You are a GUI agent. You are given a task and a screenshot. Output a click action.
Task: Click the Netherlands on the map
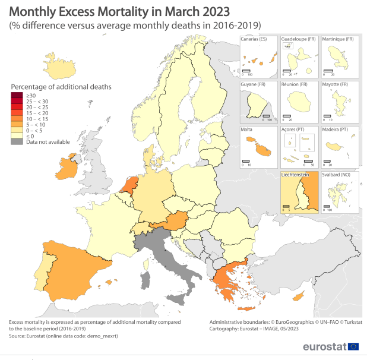pyautogui.click(x=129, y=182)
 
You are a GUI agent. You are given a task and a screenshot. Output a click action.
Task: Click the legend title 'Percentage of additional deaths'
pyautogui.click(x=61, y=86)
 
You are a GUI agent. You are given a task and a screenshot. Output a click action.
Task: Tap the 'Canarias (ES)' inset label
pyautogui.click(x=254, y=39)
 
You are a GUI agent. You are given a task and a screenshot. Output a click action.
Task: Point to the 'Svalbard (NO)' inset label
pyautogui.click(x=340, y=175)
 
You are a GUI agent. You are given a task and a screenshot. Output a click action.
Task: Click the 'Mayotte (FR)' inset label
pyautogui.click(x=338, y=84)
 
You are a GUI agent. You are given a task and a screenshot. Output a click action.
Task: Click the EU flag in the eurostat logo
pyautogui.click(x=353, y=346)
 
